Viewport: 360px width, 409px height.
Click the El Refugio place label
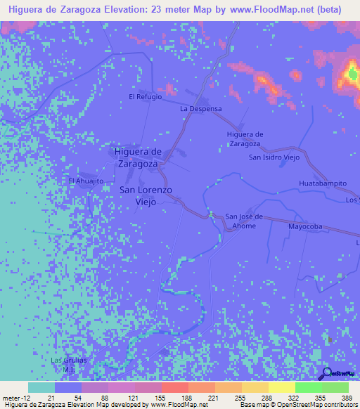[145, 96]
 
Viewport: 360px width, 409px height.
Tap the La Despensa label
[201, 109]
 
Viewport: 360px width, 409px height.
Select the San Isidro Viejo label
[274, 157]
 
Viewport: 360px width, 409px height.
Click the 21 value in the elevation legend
[52, 397]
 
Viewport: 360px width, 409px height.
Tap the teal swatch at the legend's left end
[41, 387]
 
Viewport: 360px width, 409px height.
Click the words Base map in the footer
[255, 405]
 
